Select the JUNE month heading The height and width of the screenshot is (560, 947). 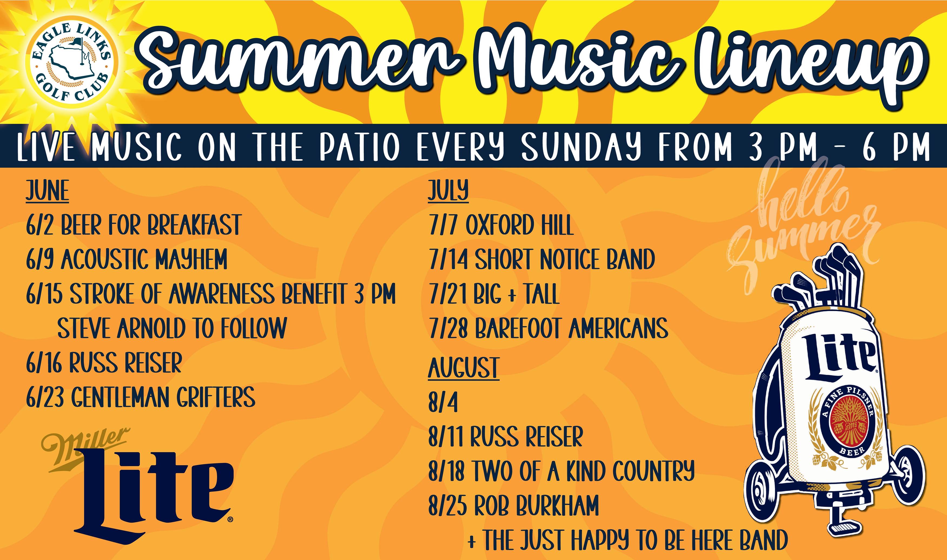click(47, 191)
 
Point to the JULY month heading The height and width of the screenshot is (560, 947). click(448, 191)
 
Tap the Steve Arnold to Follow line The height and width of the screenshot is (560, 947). click(172, 328)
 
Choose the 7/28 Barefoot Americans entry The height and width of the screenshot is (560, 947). click(548, 328)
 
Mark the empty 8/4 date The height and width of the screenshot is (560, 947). click(443, 402)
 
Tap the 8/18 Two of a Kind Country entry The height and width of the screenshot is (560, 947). click(561, 471)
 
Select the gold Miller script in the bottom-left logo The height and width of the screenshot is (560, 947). click(85, 449)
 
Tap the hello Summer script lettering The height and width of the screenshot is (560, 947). click(802, 223)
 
